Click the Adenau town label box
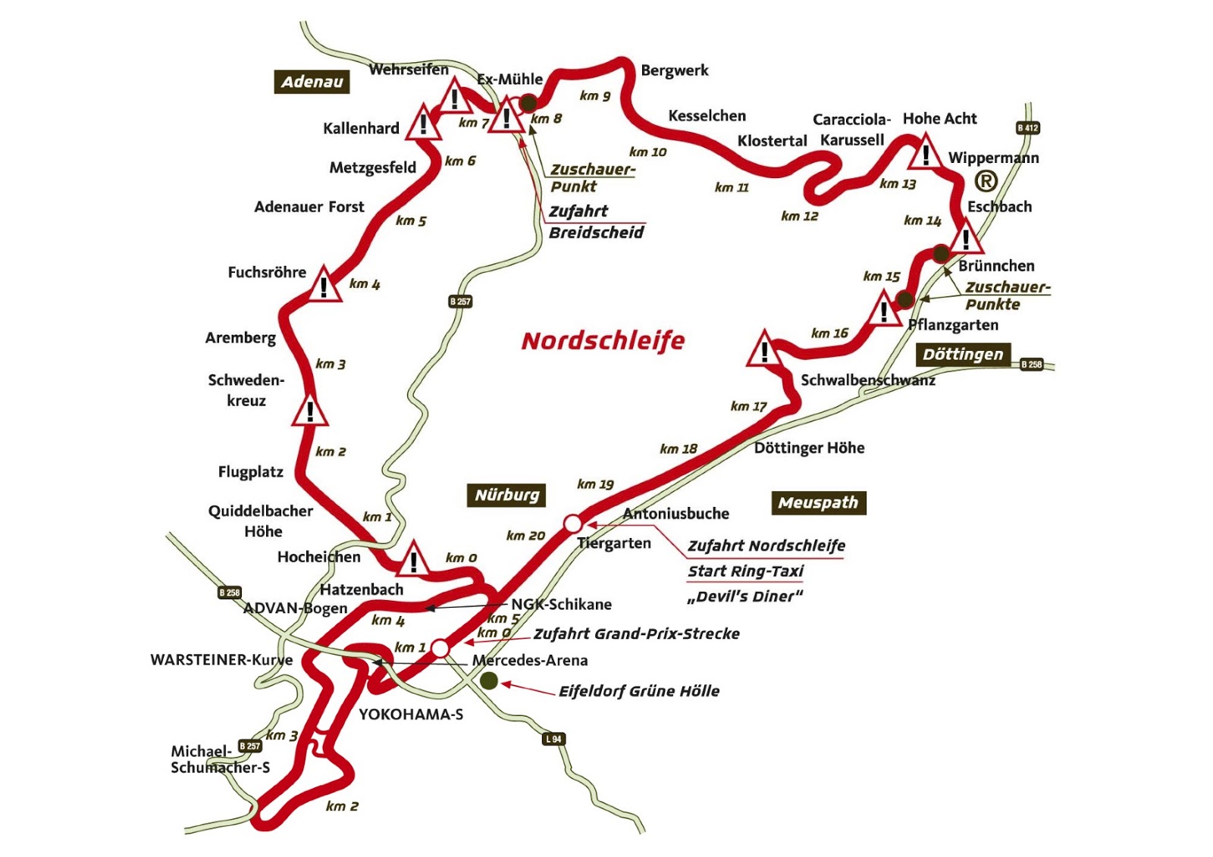pos(312,82)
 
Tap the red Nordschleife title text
pos(603,341)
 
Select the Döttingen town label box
pos(963,355)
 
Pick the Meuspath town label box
pos(818,503)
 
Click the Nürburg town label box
pos(506,496)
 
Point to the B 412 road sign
pos(1027,128)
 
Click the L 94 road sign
pos(554,739)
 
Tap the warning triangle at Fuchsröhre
pos(324,286)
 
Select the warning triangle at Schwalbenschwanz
pos(764,351)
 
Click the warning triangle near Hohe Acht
pos(925,154)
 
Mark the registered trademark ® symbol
pos(986,181)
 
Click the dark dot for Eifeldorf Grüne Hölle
pos(489,681)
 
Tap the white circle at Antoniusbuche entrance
pos(573,524)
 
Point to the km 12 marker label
pos(800,217)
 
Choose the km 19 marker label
pos(595,484)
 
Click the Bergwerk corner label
pos(674,70)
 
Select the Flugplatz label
pos(250,472)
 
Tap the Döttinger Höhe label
pos(809,448)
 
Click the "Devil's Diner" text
pos(744,596)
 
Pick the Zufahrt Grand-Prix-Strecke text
pos(636,633)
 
